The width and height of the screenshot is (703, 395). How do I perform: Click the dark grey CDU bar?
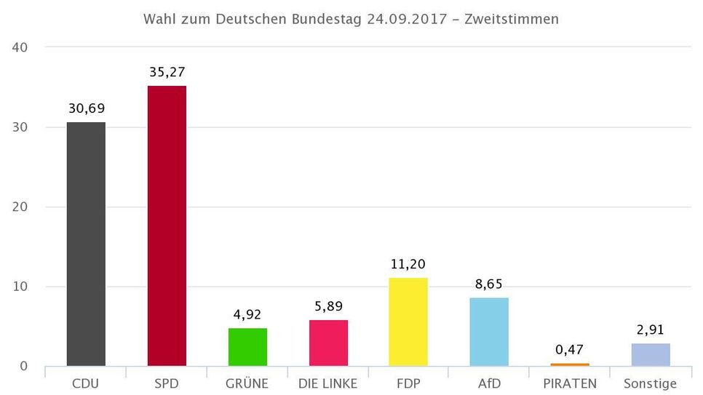tap(86, 244)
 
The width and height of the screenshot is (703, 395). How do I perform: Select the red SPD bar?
tap(167, 226)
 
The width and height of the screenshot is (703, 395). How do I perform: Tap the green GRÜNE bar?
tap(247, 347)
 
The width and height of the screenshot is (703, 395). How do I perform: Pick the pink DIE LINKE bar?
tap(328, 343)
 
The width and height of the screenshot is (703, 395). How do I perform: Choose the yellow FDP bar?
tap(408, 322)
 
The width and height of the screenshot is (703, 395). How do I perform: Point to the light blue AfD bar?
tap(489, 332)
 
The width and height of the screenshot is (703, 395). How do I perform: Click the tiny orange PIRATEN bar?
tap(570, 364)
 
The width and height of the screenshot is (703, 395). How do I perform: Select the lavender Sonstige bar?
tap(651, 354)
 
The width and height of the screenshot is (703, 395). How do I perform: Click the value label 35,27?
tap(167, 72)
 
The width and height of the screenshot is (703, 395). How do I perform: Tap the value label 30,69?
tap(86, 108)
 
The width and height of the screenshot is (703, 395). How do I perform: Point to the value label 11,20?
tap(408, 264)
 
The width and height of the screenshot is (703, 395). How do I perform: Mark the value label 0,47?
tap(570, 349)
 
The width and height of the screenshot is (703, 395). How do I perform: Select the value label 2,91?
tap(651, 330)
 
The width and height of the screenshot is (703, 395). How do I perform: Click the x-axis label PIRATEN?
tap(570, 383)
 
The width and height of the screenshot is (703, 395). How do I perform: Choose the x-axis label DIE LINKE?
tap(328, 383)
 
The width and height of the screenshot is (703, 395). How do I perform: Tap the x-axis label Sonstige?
tap(651, 383)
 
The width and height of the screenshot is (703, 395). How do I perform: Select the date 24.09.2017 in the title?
tap(405, 19)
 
